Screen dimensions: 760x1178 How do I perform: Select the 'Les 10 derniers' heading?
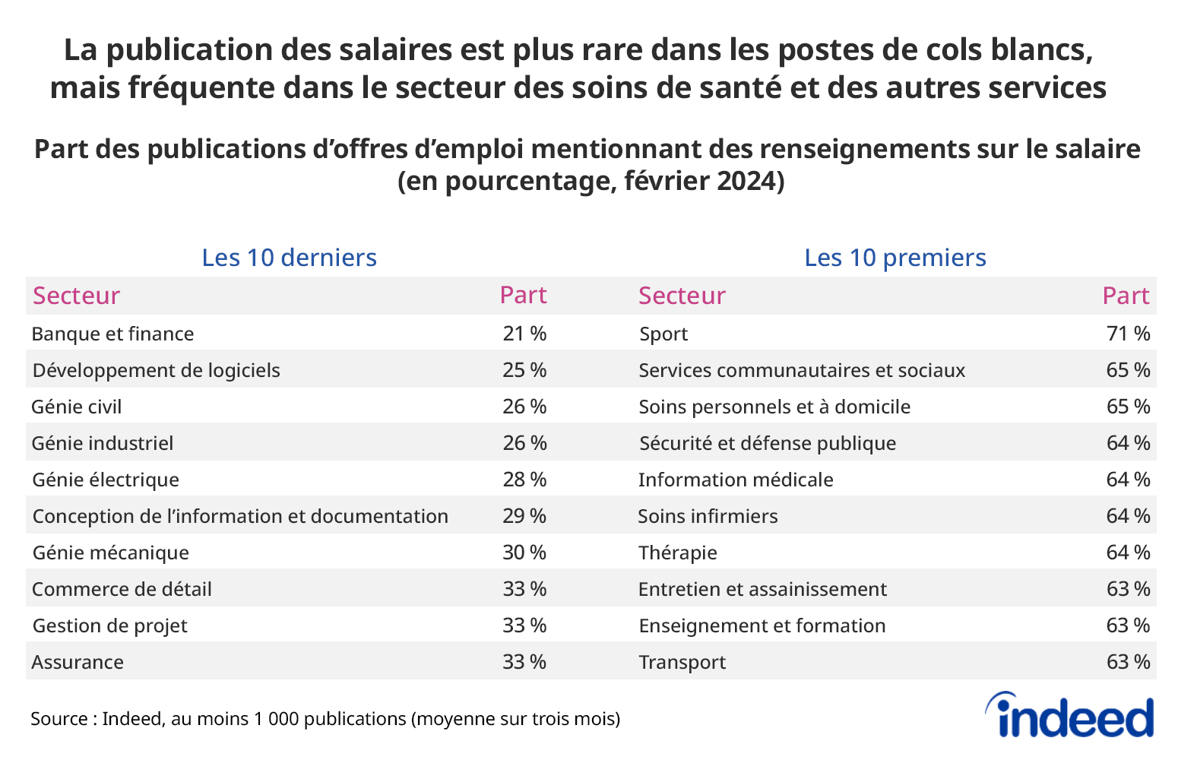(x=289, y=258)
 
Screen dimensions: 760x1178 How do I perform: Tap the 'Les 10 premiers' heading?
(x=895, y=258)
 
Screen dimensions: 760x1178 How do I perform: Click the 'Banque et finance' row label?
(x=112, y=334)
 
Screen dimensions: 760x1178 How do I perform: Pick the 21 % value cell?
(x=524, y=334)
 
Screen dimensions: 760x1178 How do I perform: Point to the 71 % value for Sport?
(x=1128, y=334)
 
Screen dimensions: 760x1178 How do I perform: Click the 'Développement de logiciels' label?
(x=156, y=370)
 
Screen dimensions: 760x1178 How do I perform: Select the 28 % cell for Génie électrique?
(x=524, y=480)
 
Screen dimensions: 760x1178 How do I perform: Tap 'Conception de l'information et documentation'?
(x=240, y=516)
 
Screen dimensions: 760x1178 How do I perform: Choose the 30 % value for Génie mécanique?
(x=524, y=553)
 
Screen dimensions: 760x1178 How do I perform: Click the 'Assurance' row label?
(x=78, y=662)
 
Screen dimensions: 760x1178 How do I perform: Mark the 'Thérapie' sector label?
(x=677, y=553)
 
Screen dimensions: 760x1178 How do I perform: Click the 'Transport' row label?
(x=682, y=662)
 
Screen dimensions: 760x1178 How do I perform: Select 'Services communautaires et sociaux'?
(x=801, y=370)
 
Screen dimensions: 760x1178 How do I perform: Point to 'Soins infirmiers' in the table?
(x=708, y=516)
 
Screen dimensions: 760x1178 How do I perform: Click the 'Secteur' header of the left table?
(x=76, y=296)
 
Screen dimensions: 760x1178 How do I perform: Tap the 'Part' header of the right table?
(x=1126, y=296)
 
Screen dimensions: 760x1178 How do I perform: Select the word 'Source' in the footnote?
(x=57, y=718)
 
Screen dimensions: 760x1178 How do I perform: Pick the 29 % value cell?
(x=524, y=516)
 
